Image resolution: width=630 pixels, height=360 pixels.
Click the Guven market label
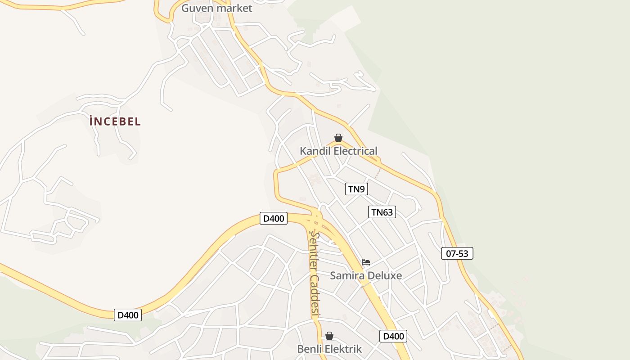tap(216, 8)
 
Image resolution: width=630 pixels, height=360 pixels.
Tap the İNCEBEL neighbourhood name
tap(115, 121)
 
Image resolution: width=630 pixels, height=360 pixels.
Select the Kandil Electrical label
tap(338, 151)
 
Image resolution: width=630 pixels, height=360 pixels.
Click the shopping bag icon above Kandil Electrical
tap(338, 138)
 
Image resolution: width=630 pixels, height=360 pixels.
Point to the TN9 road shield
tap(356, 189)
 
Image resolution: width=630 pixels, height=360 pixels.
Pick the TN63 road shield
tap(382, 212)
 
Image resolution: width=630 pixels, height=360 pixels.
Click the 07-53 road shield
tap(457, 253)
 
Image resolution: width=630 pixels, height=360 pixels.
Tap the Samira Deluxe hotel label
tap(366, 275)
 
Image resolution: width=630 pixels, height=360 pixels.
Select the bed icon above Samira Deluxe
tap(366, 262)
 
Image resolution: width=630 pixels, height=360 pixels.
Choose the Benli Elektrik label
tap(329, 349)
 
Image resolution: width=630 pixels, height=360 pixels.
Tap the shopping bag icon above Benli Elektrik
tap(329, 336)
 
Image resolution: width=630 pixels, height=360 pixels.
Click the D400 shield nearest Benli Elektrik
tap(393, 336)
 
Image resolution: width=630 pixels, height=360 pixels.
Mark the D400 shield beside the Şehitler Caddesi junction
tap(274, 219)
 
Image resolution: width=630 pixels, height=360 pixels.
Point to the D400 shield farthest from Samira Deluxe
tap(128, 315)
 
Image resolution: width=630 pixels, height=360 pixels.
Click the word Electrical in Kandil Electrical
tap(355, 151)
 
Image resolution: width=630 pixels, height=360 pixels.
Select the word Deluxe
tap(385, 275)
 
